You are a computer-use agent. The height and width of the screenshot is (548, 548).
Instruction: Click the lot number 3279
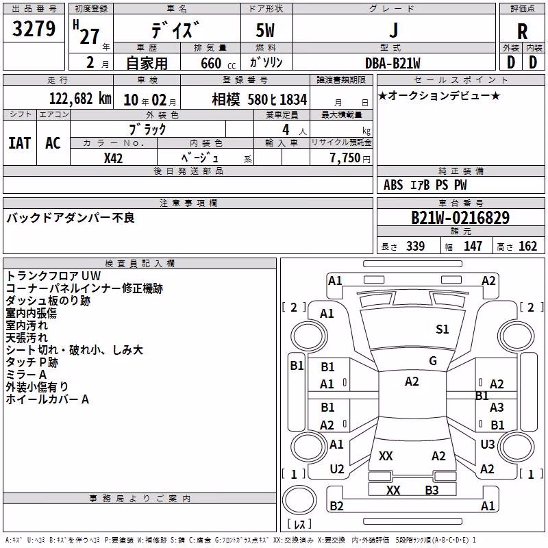coord(34,29)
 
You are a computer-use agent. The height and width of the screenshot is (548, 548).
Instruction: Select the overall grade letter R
coord(522,32)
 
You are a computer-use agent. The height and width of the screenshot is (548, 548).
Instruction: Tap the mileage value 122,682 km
coord(80,99)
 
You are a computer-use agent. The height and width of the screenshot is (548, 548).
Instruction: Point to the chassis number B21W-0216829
coord(460,218)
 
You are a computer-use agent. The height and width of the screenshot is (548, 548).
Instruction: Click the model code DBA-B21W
coord(393,63)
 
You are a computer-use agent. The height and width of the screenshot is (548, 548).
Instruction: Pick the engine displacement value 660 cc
coord(218,64)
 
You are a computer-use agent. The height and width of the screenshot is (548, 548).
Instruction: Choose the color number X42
coord(113,158)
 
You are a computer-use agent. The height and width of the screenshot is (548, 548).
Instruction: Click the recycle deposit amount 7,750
coord(345,158)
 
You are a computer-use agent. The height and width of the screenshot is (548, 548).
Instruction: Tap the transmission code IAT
coord(20,143)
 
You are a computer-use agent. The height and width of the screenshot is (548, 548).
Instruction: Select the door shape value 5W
coord(265,30)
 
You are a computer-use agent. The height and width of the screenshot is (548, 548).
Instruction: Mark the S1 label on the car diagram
coord(442,329)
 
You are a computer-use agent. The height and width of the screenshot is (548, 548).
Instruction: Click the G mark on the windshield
coord(433,361)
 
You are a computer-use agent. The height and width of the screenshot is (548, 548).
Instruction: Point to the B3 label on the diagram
coord(432,490)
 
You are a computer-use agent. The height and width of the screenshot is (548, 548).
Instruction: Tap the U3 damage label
coord(487,444)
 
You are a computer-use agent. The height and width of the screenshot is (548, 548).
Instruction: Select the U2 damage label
coord(337,469)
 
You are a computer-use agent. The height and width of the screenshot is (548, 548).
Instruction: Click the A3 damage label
coord(497,407)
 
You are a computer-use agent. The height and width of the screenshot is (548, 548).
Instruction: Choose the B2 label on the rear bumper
coord(336,506)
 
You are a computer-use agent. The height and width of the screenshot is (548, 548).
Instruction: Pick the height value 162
coord(527,247)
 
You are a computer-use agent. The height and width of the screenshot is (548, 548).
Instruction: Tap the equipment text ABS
coord(393,185)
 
